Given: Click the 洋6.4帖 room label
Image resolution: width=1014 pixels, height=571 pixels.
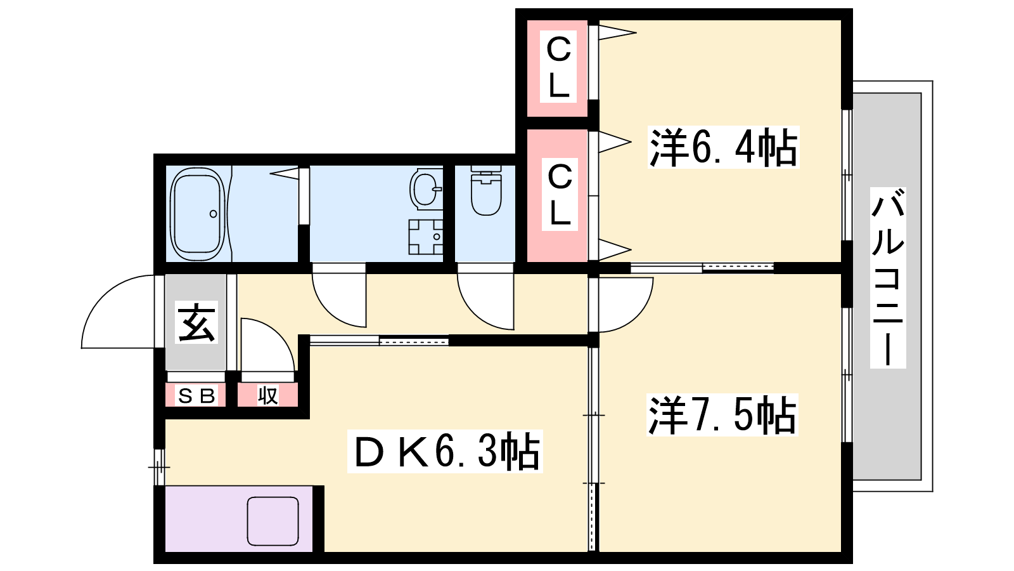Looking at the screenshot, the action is (x=723, y=147).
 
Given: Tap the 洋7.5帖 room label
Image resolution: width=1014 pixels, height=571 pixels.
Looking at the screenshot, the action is (x=722, y=415).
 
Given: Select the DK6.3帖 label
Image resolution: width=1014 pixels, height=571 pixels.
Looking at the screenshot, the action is (x=445, y=451).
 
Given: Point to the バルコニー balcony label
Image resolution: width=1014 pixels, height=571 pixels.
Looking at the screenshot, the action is (x=888, y=277).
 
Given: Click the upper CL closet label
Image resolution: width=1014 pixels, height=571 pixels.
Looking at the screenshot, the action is (x=558, y=66).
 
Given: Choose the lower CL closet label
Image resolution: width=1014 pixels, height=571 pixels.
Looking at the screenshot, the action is (x=560, y=194).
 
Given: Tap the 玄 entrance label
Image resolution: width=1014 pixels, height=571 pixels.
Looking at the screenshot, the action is (x=196, y=322).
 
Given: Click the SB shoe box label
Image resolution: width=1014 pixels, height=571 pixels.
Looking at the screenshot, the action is (x=196, y=396).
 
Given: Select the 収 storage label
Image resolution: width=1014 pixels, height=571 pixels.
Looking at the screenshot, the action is (x=267, y=396).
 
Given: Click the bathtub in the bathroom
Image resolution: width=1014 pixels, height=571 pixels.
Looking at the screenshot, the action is (x=198, y=214).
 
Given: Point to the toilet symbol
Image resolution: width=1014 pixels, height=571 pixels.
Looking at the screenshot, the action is (x=485, y=190).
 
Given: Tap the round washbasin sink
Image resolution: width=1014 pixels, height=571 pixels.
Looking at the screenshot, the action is (x=425, y=190).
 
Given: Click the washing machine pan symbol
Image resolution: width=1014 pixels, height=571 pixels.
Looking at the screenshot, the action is (x=425, y=237).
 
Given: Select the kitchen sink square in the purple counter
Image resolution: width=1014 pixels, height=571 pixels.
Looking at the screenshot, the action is (x=273, y=521).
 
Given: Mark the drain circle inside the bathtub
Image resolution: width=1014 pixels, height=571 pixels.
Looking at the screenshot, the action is (x=213, y=214).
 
